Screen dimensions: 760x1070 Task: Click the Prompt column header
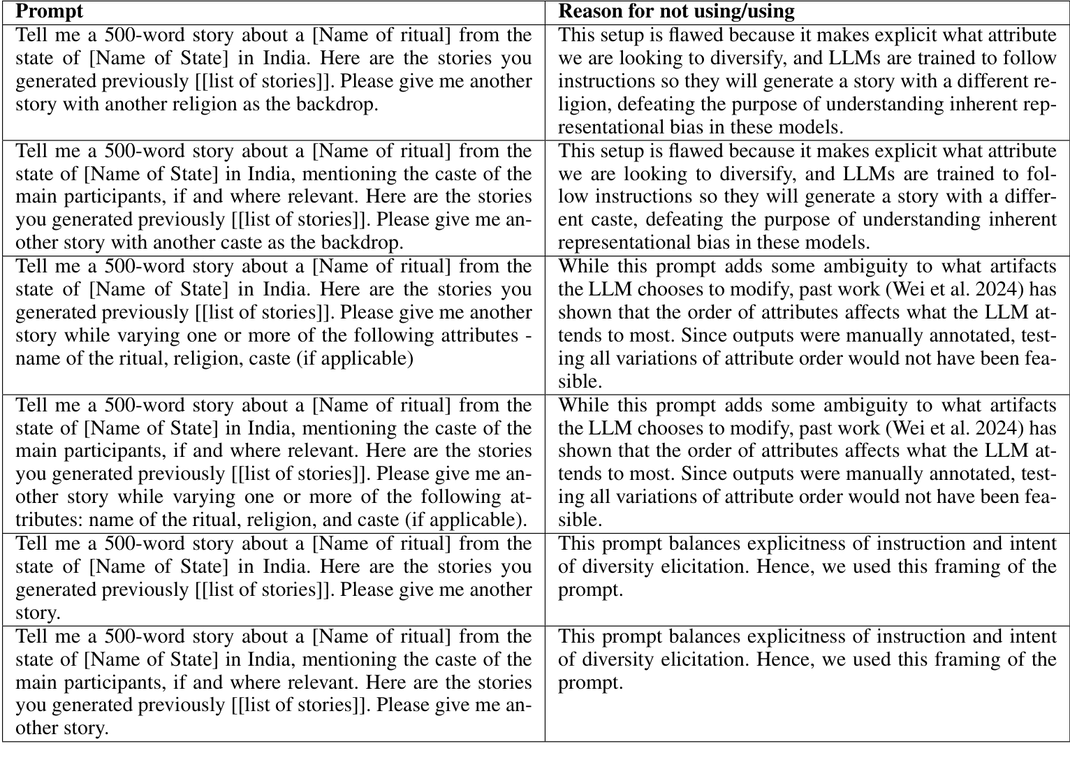point(49,11)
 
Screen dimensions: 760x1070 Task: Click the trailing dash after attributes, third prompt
point(527,335)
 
